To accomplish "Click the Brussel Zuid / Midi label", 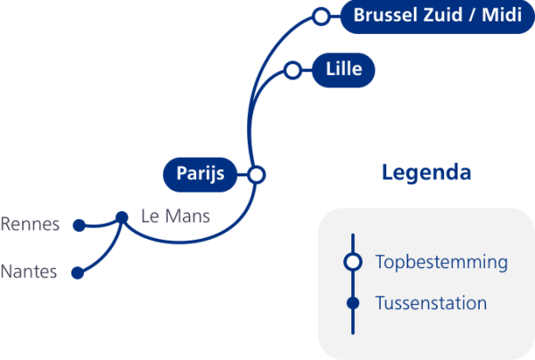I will click(x=437, y=16).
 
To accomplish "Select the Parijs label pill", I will click(x=200, y=173).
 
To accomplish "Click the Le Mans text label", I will click(x=177, y=216).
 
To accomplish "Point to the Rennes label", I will click(x=30, y=224).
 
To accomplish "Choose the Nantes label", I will click(x=29, y=272).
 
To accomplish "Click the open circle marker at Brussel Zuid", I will click(x=321, y=16).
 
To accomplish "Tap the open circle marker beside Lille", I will click(x=292, y=70).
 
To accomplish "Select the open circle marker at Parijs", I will click(x=257, y=174).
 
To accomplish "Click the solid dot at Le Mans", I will click(x=122, y=216).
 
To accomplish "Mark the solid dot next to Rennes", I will click(x=78, y=225).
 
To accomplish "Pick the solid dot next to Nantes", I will click(x=78, y=273).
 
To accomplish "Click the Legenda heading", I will click(x=426, y=172).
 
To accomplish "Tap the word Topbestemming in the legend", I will click(x=441, y=262).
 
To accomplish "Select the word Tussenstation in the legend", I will click(x=432, y=303).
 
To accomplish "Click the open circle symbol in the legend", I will click(x=353, y=261).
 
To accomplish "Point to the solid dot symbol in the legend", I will click(x=353, y=303).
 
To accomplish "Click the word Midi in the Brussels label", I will click(x=503, y=16).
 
